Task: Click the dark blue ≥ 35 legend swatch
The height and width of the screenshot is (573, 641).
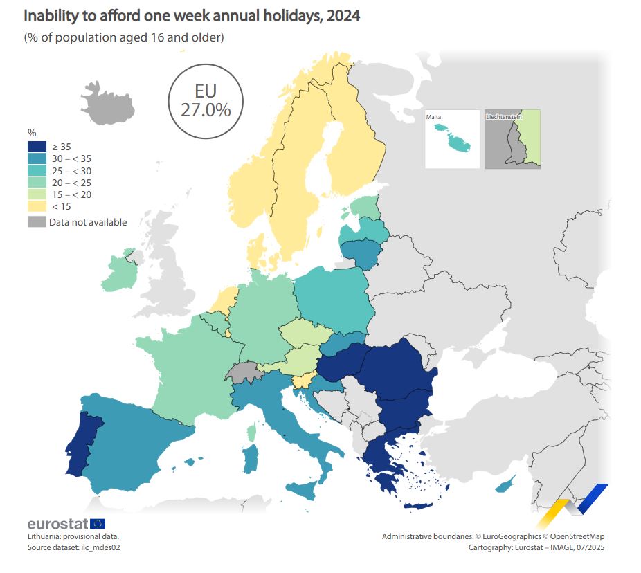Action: pyautogui.click(x=36, y=146)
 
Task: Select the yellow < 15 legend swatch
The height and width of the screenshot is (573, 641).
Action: pyautogui.click(x=36, y=206)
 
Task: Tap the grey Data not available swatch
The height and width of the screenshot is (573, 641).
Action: pyautogui.click(x=36, y=222)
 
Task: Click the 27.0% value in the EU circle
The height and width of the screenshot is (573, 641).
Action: pyautogui.click(x=206, y=109)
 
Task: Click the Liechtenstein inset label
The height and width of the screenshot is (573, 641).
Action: pyautogui.click(x=504, y=117)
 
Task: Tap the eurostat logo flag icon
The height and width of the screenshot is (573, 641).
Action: pyautogui.click(x=98, y=524)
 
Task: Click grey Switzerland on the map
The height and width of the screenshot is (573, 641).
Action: pyautogui.click(x=243, y=372)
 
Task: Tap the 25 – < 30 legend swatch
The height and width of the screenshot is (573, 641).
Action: pyautogui.click(x=36, y=170)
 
